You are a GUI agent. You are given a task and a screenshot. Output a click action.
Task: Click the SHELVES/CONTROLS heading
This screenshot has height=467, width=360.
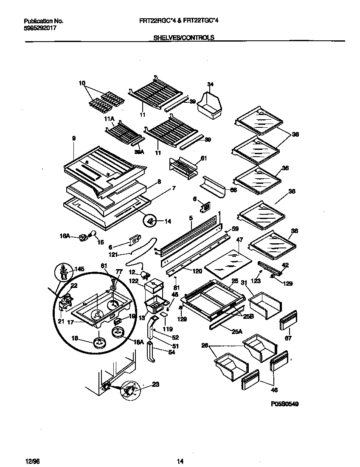(x=183, y=37)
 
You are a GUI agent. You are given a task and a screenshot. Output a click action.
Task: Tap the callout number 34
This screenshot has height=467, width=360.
(x=210, y=84)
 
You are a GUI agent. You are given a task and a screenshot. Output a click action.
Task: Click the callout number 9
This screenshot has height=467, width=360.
(x=74, y=138)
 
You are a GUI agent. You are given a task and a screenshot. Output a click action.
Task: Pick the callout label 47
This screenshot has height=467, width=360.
(x=239, y=240)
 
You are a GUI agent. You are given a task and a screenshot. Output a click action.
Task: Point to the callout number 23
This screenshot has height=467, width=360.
(x=155, y=385)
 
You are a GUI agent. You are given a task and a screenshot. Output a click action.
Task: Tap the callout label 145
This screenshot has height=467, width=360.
(x=79, y=268)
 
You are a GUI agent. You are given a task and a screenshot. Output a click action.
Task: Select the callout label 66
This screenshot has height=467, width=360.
(x=233, y=190)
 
